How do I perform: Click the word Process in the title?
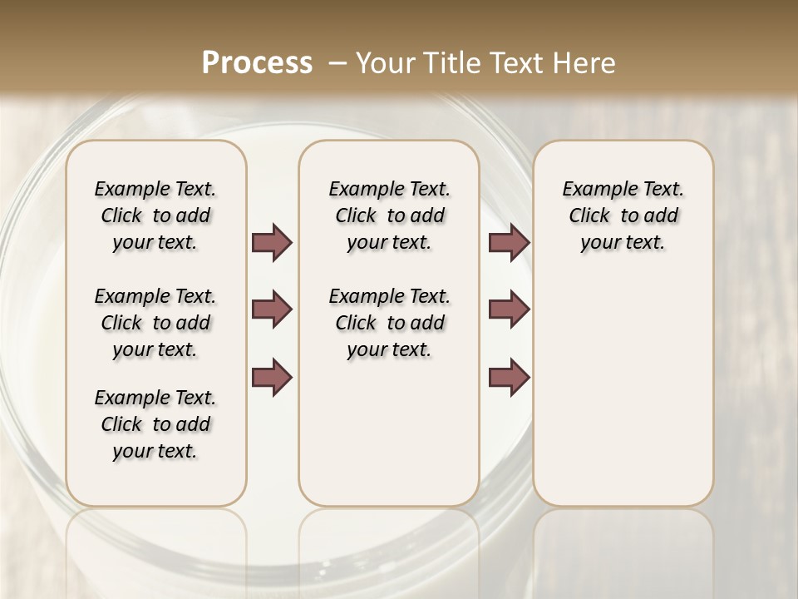(257, 63)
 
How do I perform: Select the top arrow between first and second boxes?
(272, 243)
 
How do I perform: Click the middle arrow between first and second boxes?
(272, 309)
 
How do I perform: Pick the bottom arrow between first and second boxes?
(272, 377)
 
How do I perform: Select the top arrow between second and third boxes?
(509, 243)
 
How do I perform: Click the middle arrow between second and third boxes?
(509, 309)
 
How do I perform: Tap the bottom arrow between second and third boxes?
(509, 377)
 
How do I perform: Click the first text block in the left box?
(155, 215)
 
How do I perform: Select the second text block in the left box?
(155, 323)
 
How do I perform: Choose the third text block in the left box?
(155, 424)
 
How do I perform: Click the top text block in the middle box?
(389, 215)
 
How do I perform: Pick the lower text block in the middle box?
(389, 323)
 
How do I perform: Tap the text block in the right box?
(623, 215)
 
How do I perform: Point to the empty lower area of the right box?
(623, 391)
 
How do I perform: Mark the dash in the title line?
(337, 63)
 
